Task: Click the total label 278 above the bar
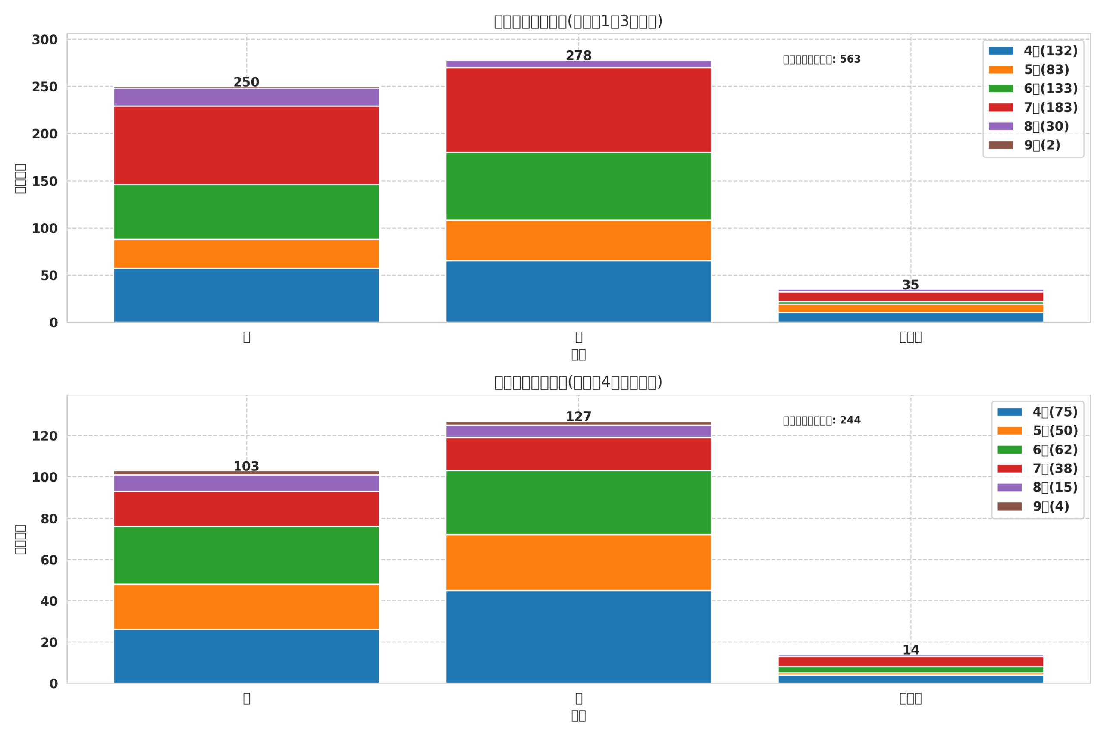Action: point(578,56)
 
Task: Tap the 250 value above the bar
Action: point(246,82)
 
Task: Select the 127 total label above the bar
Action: point(578,417)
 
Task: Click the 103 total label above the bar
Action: point(246,467)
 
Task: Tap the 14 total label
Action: point(911,650)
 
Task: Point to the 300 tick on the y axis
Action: point(44,40)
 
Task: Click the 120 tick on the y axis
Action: point(44,436)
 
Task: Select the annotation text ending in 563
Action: point(822,60)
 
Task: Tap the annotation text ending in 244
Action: point(822,420)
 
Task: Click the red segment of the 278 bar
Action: point(578,110)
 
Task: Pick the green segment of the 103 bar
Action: point(246,555)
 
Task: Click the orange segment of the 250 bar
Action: point(246,254)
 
